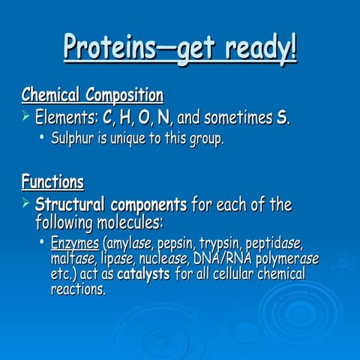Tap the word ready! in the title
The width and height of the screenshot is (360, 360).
point(256,49)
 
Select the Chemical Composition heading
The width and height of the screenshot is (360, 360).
point(92,96)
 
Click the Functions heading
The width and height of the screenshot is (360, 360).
point(52,181)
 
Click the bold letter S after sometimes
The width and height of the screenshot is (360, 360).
point(283,118)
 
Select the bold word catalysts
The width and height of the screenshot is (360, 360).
point(143,274)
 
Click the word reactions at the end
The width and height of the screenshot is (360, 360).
point(77,289)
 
